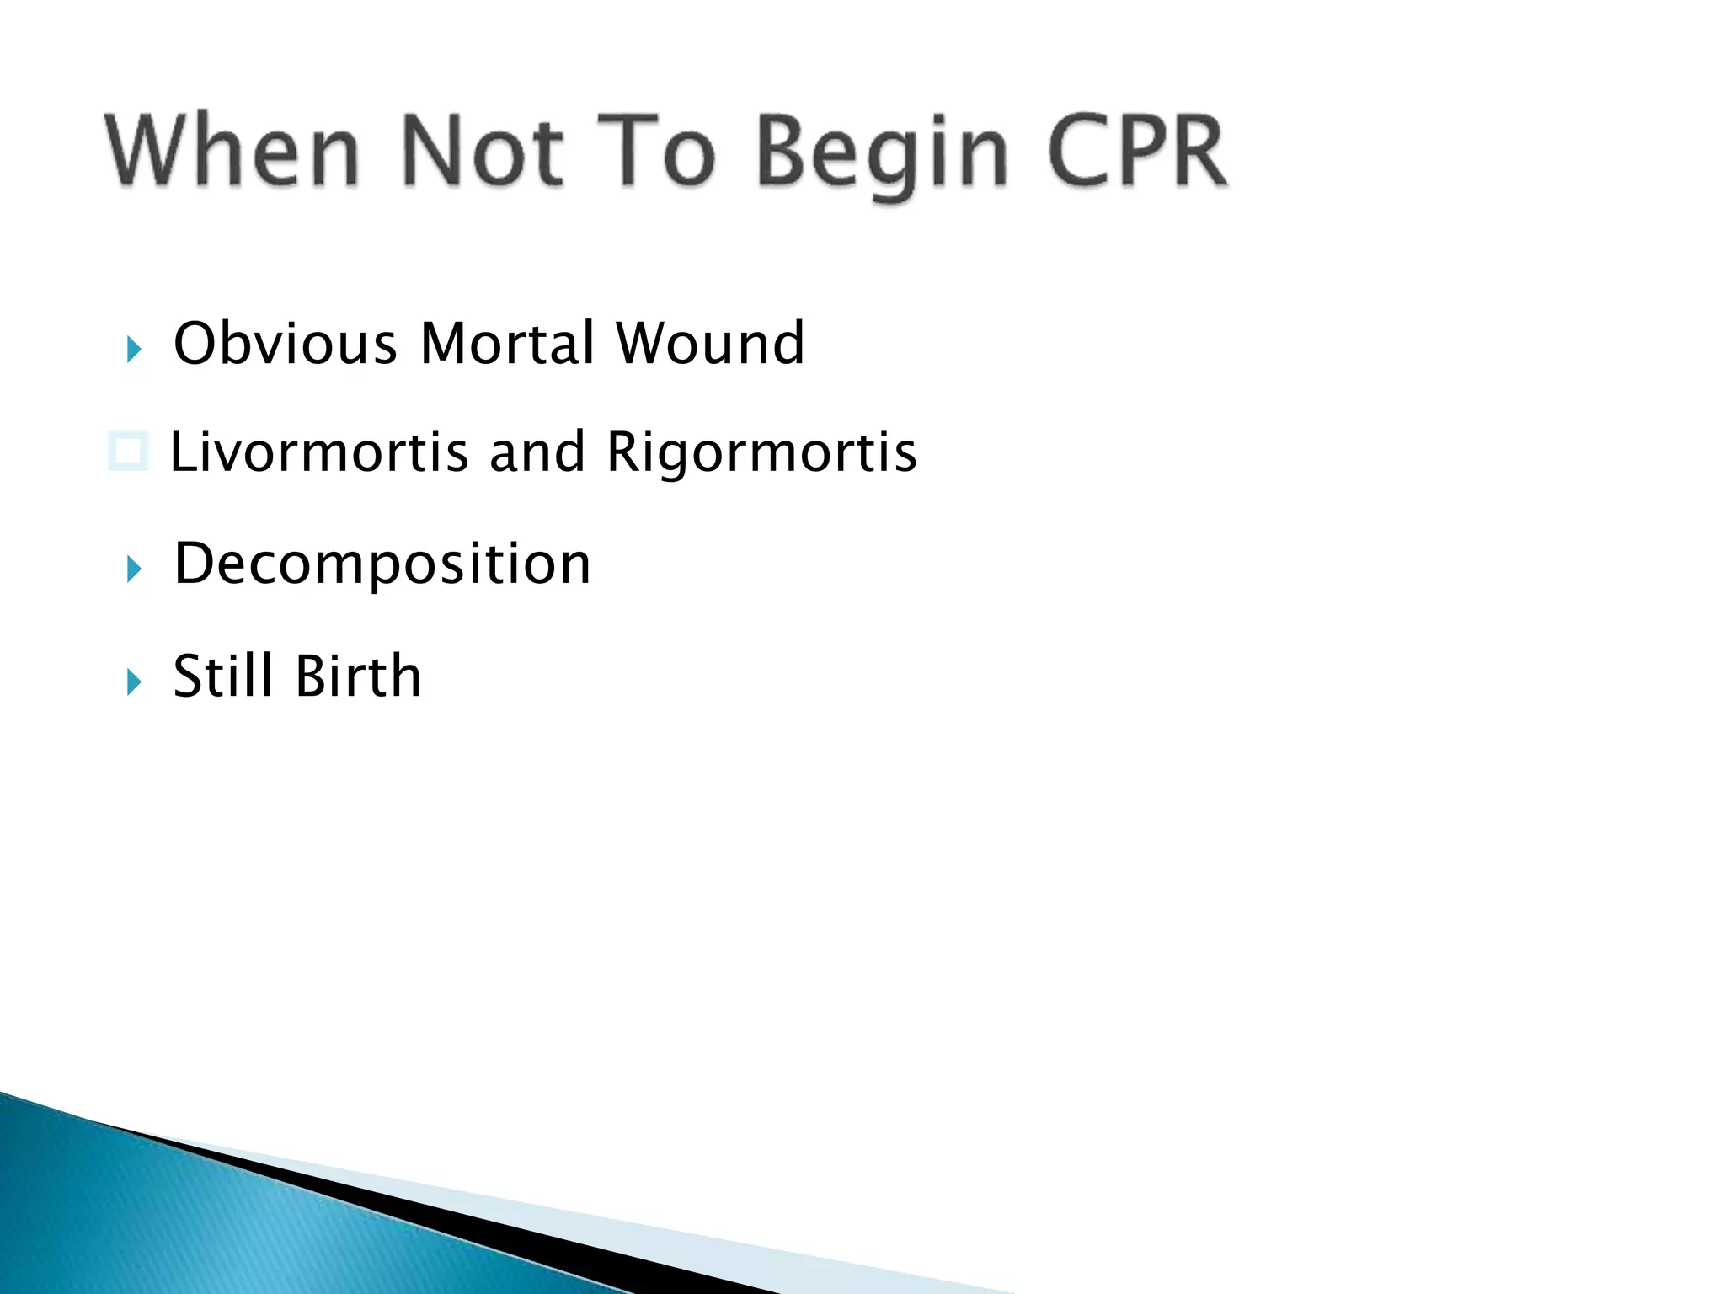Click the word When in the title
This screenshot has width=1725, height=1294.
232,150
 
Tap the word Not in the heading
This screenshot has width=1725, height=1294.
482,150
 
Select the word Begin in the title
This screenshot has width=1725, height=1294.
881,153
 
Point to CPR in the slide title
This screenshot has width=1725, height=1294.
1137,150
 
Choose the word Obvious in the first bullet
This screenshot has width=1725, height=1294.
285,344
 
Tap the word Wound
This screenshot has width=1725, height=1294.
710,344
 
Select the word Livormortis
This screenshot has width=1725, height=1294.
319,452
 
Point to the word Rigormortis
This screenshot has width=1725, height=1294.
761,452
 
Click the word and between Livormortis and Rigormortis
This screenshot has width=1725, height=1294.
537,452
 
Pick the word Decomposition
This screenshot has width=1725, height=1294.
382,564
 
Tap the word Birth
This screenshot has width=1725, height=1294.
358,676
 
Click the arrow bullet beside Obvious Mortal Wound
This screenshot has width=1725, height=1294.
134,349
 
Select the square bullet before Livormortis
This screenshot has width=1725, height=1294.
129,451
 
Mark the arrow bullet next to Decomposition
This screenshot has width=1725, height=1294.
134,569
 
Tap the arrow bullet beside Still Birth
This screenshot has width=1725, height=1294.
134,682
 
